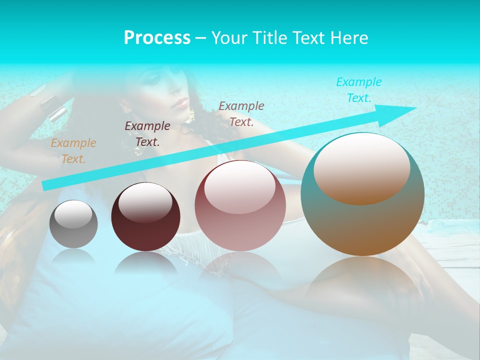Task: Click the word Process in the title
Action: (x=157, y=38)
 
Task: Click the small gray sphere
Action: (x=73, y=224)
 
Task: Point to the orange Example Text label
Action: (x=73, y=151)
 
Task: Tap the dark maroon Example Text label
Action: (x=147, y=134)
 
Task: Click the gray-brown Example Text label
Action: (x=241, y=113)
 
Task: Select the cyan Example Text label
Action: (x=359, y=90)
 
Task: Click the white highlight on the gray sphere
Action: (x=73, y=214)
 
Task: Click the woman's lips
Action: (x=180, y=104)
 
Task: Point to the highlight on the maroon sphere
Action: (x=145, y=202)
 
